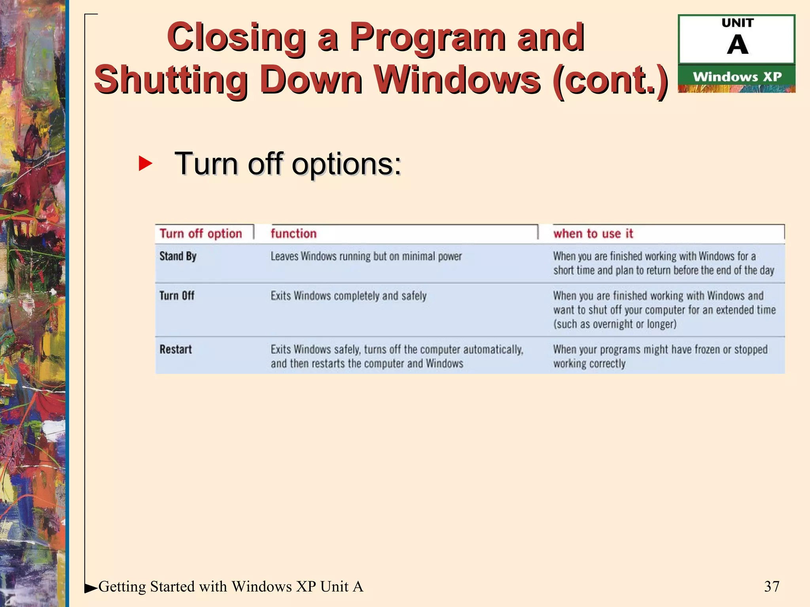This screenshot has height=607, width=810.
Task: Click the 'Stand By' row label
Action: [x=178, y=256]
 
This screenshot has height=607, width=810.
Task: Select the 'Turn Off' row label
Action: [x=177, y=296]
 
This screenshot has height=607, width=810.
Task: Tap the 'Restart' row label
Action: [x=176, y=349]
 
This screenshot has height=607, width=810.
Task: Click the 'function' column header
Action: [x=293, y=234]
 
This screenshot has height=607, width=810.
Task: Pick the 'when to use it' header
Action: [x=593, y=234]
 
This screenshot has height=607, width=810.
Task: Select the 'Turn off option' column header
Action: [x=201, y=234]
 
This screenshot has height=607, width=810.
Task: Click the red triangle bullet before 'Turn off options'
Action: [x=145, y=164]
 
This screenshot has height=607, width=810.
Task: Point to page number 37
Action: [x=772, y=586]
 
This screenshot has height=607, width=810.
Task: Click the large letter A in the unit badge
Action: [x=737, y=45]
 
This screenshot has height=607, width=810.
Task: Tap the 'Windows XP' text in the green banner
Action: [x=737, y=77]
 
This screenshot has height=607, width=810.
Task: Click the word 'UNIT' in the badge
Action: [x=737, y=23]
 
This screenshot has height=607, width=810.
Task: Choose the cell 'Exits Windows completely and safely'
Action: [x=348, y=296]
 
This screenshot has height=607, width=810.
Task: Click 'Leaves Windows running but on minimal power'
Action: [x=366, y=256]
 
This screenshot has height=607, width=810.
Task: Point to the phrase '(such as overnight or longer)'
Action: [x=615, y=324]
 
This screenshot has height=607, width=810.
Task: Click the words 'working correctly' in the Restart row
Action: [x=589, y=364]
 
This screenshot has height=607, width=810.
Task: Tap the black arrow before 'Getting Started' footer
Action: [x=91, y=588]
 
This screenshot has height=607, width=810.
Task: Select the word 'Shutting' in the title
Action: [x=171, y=80]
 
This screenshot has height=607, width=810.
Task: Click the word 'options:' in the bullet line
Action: [x=346, y=164]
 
